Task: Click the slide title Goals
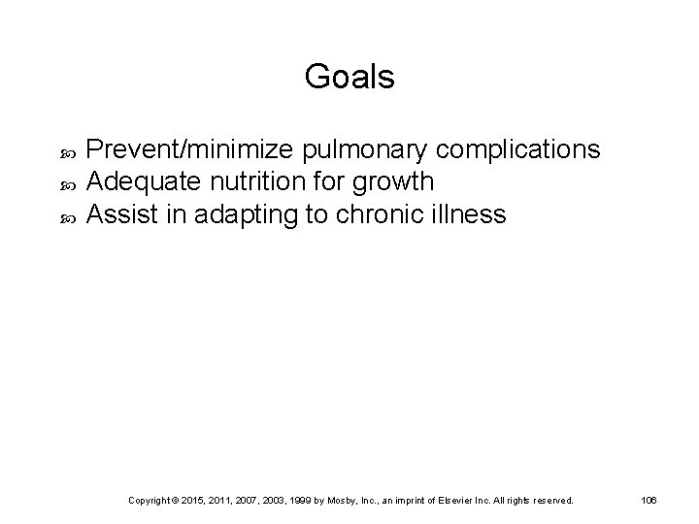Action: point(349,77)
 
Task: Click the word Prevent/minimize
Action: point(191,150)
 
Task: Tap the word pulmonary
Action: point(367,150)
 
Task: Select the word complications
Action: point(518,150)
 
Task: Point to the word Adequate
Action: point(134,181)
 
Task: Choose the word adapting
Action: point(244,213)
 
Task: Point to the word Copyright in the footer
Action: point(150,501)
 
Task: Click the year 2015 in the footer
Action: point(199,501)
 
